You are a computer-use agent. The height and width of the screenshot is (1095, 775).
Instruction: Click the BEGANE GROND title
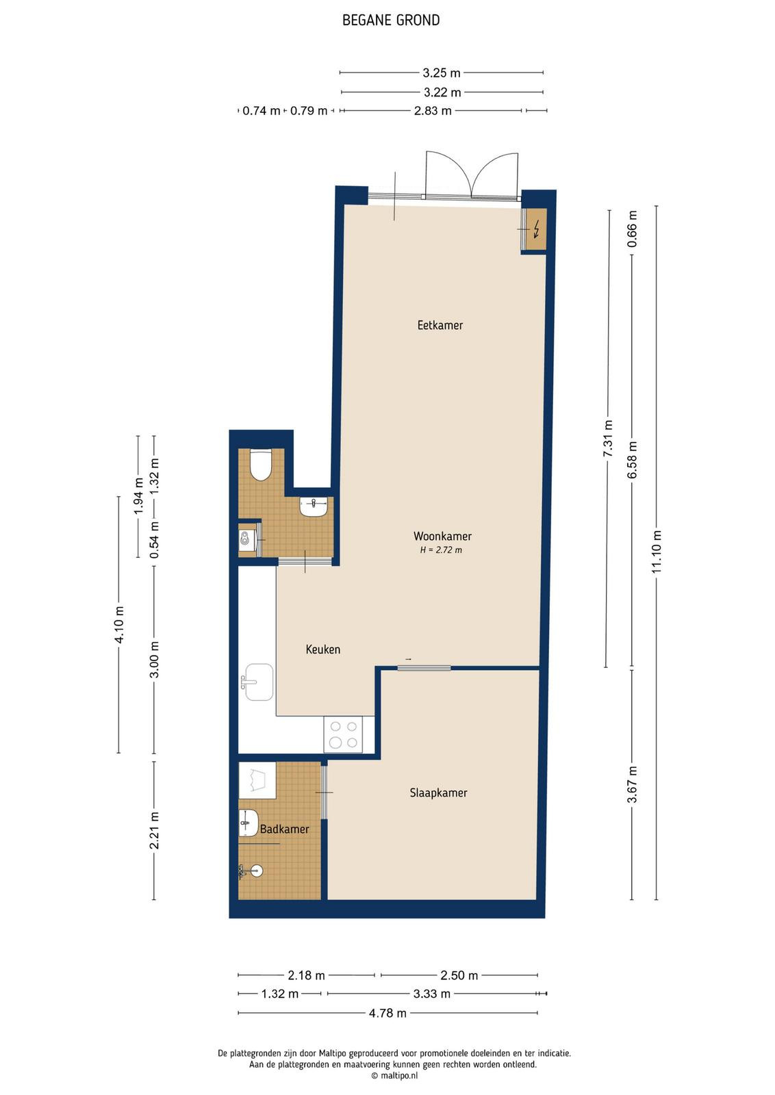[x=391, y=20]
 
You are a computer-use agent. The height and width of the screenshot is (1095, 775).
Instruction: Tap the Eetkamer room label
[x=440, y=325]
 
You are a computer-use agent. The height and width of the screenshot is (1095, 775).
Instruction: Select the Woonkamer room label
[x=442, y=536]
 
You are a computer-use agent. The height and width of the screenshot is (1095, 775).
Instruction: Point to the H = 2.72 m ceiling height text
[x=441, y=550]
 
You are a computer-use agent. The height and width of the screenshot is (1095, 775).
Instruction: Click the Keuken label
[x=322, y=649]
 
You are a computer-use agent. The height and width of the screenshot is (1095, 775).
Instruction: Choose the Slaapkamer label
[x=438, y=793]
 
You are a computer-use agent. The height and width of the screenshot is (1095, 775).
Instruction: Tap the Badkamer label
[x=284, y=829]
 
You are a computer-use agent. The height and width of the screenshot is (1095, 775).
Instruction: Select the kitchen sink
[x=258, y=682]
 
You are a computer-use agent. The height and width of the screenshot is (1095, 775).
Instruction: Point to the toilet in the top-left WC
[x=260, y=465]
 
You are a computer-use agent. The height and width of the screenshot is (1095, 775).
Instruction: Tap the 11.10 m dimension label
[x=656, y=552]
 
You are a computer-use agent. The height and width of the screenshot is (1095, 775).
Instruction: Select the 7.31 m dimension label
[x=608, y=438]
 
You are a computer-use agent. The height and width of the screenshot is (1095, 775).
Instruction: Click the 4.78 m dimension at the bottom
[x=387, y=1013]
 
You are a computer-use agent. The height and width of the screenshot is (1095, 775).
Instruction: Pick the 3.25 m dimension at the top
[x=442, y=73]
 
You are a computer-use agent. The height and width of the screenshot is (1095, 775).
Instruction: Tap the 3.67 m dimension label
[x=632, y=784]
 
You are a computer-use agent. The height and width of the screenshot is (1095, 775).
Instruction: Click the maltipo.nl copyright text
[x=394, y=1075]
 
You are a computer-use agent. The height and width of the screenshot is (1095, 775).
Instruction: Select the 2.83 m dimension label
[x=433, y=111]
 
